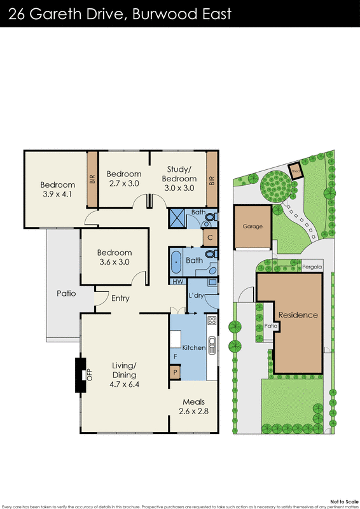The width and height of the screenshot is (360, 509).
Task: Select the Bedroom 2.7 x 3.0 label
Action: tap(123, 179)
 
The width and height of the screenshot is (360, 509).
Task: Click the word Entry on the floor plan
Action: tap(120, 298)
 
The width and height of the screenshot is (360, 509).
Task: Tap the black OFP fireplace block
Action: tap(80, 375)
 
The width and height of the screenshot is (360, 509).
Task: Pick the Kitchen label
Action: tap(193, 348)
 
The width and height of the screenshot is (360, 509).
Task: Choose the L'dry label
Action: tap(196, 295)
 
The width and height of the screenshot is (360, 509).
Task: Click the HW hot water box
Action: tap(176, 281)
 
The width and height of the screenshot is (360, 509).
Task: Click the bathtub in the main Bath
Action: tap(176, 261)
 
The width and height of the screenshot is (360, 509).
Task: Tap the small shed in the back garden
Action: tap(296, 171)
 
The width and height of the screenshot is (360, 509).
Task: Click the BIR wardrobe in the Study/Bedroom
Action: tap(212, 179)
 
